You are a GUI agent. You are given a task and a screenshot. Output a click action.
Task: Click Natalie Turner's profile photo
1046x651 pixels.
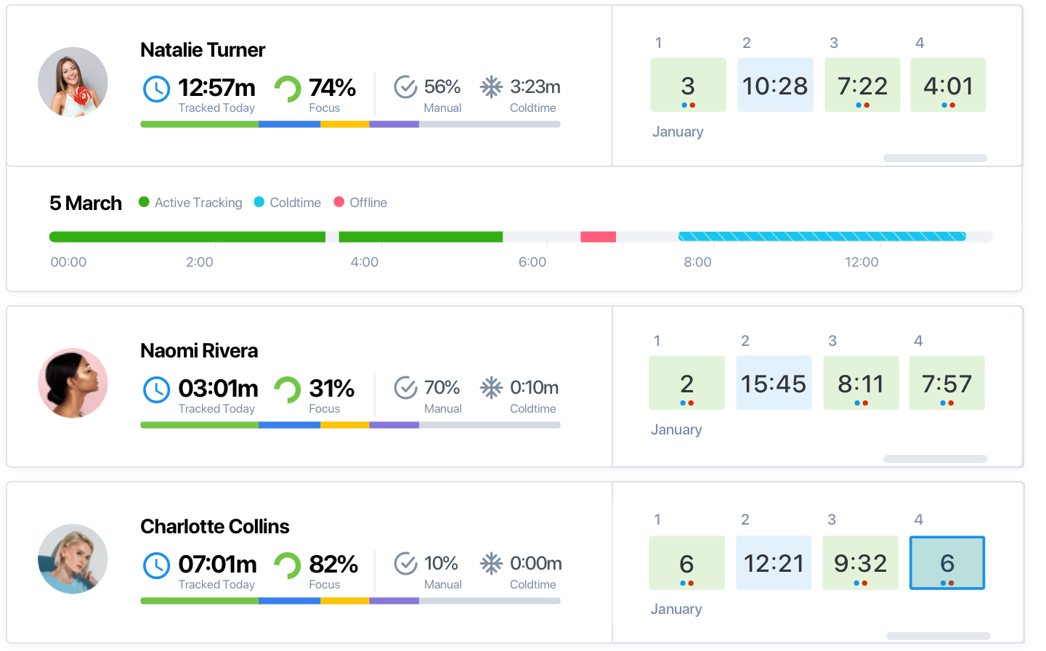73,82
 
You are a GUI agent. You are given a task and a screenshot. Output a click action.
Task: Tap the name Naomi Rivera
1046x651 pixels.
199,350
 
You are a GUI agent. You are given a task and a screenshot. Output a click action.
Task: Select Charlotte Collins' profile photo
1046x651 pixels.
73,559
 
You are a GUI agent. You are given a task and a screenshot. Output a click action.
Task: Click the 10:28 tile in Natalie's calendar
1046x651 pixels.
775,85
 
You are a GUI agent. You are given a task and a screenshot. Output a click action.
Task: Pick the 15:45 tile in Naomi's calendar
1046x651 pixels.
774,383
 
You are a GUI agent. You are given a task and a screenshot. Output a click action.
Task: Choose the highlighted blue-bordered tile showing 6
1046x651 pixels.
947,563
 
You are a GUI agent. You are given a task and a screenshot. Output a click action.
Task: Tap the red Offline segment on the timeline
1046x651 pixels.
598,237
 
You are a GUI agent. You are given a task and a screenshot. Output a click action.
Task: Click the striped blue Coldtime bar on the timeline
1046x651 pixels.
822,237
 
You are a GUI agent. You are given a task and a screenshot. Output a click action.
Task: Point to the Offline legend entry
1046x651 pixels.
361,203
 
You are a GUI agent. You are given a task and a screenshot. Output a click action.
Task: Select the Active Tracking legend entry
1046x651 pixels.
191,203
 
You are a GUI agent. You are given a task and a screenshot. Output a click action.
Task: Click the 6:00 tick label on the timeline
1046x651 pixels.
532,262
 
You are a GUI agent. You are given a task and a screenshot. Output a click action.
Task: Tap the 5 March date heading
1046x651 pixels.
86,203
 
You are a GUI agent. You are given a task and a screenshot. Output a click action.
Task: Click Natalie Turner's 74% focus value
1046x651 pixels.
332,88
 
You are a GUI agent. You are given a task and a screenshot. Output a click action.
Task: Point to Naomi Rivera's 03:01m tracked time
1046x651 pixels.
218,389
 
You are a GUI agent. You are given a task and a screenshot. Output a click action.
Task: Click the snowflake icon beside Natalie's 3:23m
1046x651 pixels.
491,87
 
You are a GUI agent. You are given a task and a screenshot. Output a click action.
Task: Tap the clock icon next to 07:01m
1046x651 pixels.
156,565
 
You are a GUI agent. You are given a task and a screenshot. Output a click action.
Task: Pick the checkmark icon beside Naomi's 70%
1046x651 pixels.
405,388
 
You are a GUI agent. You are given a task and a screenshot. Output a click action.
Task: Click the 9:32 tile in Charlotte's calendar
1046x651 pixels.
861,563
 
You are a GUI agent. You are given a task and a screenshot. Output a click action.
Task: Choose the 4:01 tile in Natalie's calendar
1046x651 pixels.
948,85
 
